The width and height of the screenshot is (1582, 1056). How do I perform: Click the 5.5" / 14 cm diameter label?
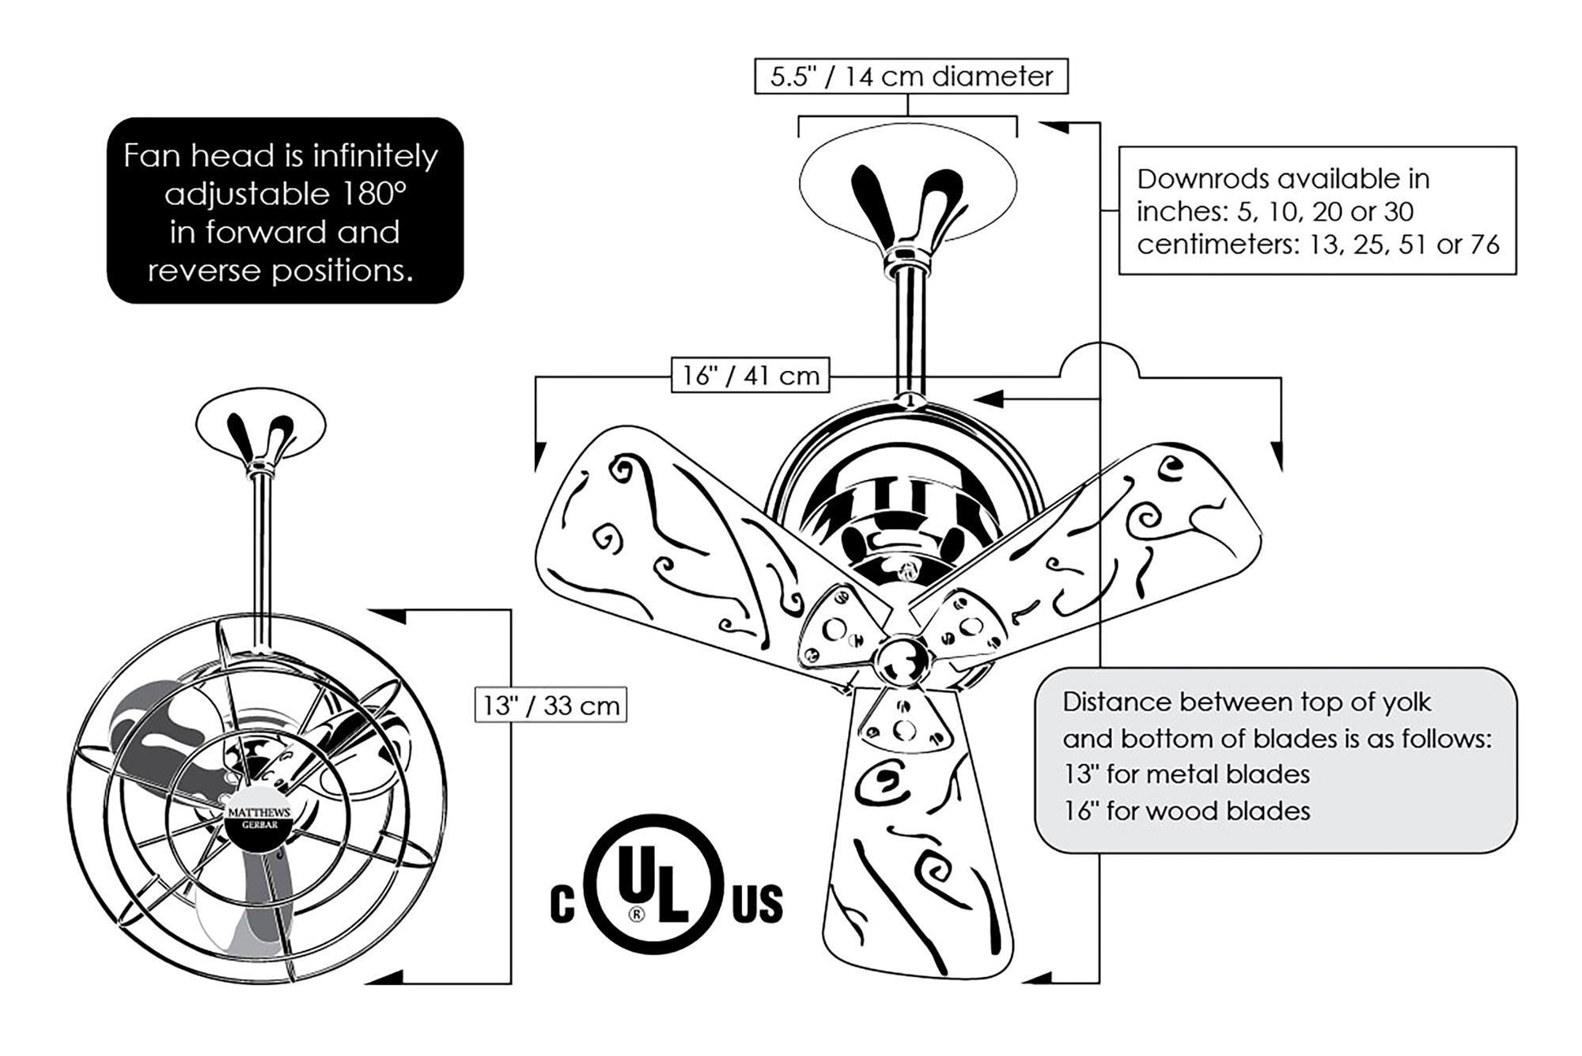coord(911,77)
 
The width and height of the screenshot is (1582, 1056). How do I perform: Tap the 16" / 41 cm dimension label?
coord(751,375)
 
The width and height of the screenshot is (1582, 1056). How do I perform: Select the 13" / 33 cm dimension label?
coord(551,705)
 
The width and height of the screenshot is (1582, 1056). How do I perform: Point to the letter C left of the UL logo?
coord(562,904)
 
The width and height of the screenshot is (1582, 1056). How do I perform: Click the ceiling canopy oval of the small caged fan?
coord(260,427)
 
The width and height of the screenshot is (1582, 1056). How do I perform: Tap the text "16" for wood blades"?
coord(1186,811)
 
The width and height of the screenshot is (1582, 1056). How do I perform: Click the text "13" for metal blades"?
coord(1186,774)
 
